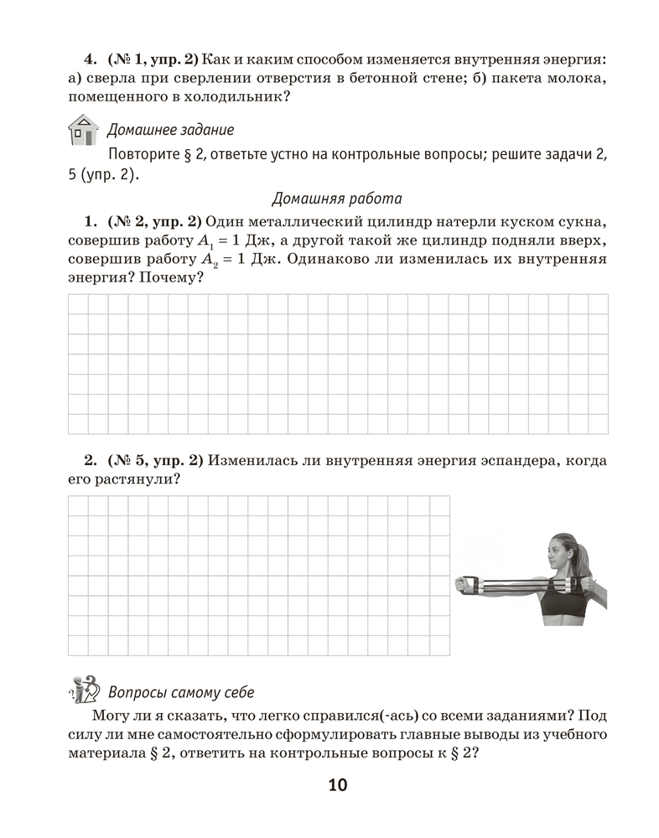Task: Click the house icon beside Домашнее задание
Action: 81,131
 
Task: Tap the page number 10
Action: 337,785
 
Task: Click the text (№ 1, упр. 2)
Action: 153,60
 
